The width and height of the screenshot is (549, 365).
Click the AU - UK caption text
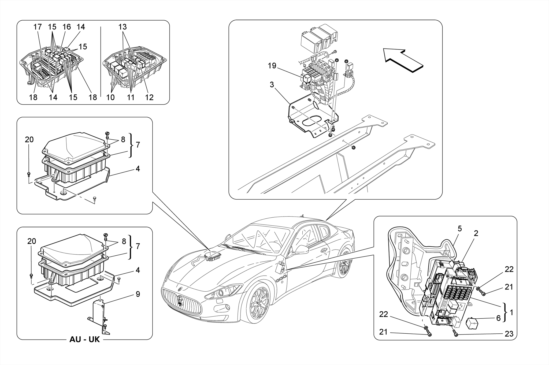(84, 339)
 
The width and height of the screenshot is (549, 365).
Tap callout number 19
(272, 66)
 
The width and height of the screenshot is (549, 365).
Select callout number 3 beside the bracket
(272, 85)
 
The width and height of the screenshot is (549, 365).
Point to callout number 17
(38, 27)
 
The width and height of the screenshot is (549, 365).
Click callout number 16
(66, 27)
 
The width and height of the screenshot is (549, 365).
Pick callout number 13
(123, 27)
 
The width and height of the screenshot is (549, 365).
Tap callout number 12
(149, 97)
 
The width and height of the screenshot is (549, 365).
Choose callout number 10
(110, 97)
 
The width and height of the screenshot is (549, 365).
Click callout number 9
(138, 294)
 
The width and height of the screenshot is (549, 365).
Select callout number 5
(459, 229)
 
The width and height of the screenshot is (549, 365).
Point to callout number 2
(476, 233)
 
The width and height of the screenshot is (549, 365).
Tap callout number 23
(509, 334)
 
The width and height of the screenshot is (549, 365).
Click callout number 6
(498, 318)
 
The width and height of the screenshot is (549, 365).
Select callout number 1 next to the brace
(511, 312)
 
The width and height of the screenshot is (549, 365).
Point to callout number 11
(131, 97)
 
